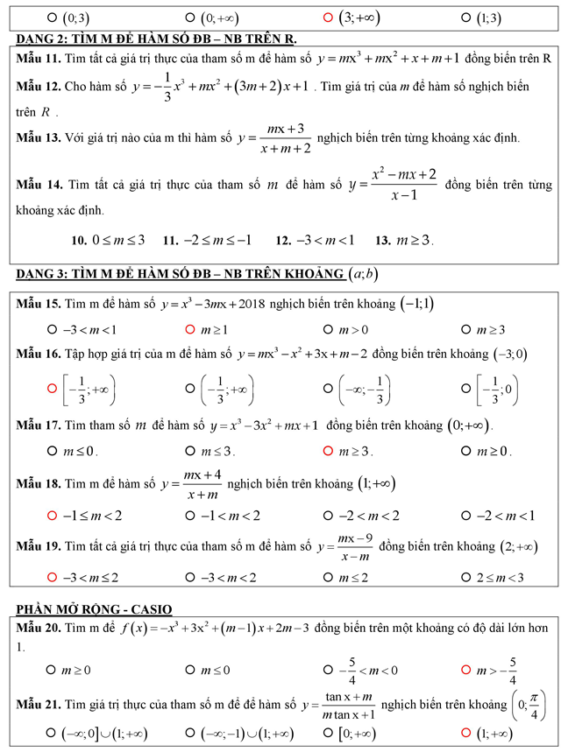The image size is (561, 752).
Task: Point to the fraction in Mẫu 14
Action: [x=404, y=185]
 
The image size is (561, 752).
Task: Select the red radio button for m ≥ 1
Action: [x=190, y=329]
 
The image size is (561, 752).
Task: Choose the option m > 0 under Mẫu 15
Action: [x=328, y=329]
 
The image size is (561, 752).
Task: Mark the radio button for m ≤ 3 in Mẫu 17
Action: [x=190, y=451]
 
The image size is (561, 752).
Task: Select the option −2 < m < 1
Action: [x=465, y=515]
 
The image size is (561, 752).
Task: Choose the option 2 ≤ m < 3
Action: [x=465, y=577]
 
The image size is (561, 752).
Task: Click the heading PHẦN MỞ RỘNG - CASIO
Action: [x=94, y=608]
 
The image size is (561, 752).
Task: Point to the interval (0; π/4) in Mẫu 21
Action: [x=526, y=703]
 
